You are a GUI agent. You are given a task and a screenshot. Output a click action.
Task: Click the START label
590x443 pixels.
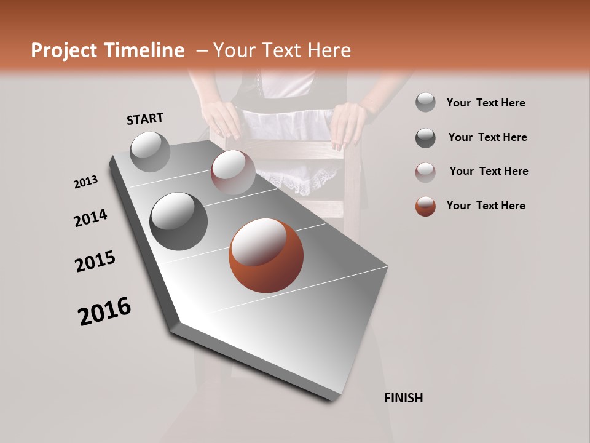click(x=145, y=119)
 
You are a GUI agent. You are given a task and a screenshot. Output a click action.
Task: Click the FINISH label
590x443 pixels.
click(x=403, y=398)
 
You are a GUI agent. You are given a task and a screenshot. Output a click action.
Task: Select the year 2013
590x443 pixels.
click(x=85, y=182)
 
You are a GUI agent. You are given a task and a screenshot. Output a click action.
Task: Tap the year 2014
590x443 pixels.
click(x=90, y=218)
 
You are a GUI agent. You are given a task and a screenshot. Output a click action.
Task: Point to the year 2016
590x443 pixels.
click(x=104, y=311)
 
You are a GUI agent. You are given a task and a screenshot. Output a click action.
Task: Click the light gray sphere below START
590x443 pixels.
click(x=151, y=151)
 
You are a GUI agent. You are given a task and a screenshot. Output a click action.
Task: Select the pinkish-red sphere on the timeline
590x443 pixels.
click(x=233, y=172)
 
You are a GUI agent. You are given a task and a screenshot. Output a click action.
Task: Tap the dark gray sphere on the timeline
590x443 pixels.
click(x=179, y=221)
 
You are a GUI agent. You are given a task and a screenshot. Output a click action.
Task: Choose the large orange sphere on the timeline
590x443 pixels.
click(x=267, y=255)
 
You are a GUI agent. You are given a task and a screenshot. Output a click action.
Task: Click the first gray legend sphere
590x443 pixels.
click(x=425, y=103)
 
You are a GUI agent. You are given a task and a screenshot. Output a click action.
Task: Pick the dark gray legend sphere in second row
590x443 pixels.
click(x=425, y=138)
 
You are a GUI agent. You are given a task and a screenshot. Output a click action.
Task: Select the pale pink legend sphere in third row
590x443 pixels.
click(x=425, y=172)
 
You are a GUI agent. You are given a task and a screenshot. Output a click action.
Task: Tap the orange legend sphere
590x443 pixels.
click(x=425, y=206)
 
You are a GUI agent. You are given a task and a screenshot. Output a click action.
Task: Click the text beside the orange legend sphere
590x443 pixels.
click(x=486, y=206)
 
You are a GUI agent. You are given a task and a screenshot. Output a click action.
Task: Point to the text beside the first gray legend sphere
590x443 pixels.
click(x=486, y=103)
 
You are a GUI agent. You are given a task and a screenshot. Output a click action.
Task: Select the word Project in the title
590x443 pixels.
click(x=65, y=50)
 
